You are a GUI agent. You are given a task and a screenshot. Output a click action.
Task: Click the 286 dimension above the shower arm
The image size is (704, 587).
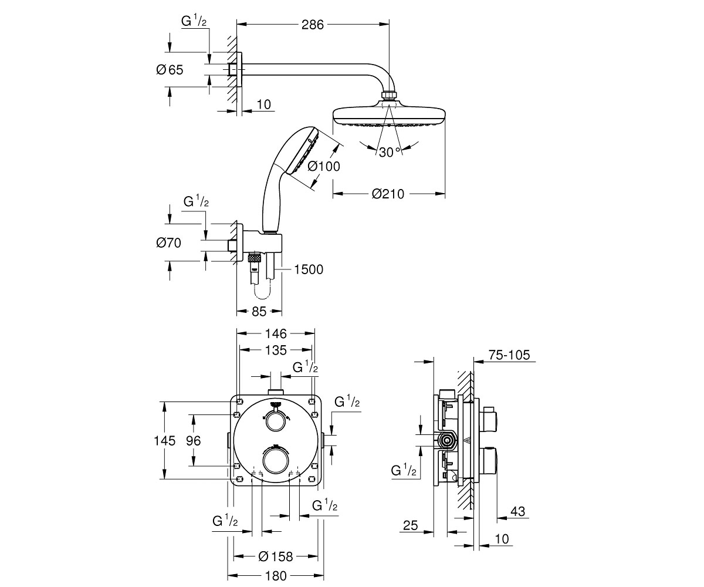pos(313,25)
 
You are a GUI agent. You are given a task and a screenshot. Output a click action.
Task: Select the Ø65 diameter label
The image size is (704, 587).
pos(170,70)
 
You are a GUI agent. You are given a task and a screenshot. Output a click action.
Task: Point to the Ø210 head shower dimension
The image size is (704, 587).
pos(388,194)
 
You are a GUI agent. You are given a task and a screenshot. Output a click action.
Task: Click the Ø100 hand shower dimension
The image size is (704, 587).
pos(324,166)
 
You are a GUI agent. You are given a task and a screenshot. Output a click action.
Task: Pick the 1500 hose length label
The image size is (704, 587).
pos(309,269)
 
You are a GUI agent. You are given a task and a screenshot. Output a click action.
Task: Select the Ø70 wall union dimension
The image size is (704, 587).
pos(168,242)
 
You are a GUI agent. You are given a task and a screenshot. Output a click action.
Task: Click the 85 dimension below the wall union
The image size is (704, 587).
pos(259,311)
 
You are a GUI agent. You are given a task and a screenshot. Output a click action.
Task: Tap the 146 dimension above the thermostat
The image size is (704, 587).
pos(276,333)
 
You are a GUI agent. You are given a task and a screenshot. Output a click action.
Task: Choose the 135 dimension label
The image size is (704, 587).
pos(276,350)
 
